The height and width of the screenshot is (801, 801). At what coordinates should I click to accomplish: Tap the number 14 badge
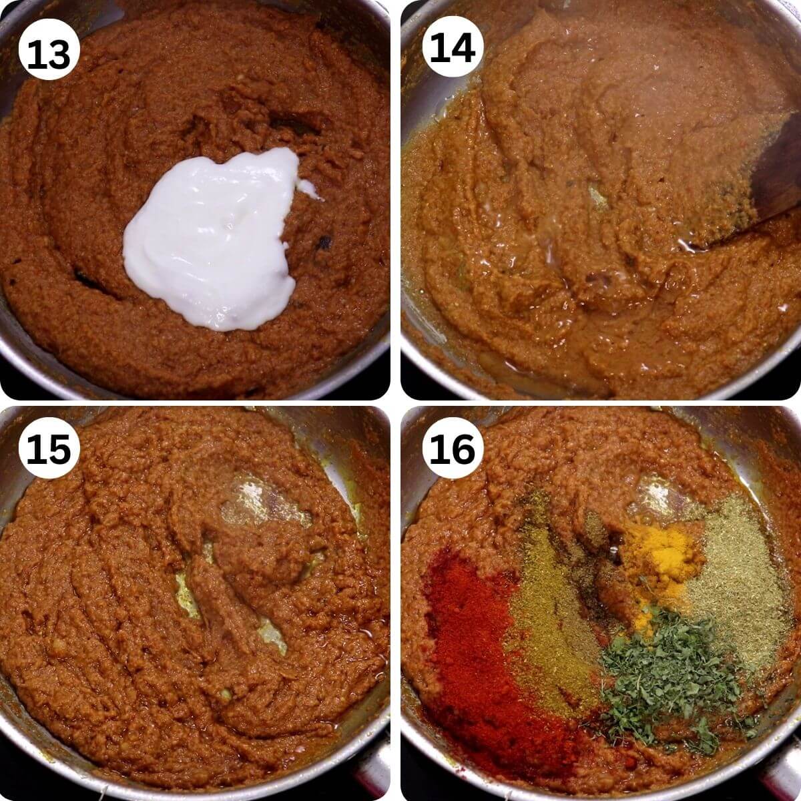[453, 48]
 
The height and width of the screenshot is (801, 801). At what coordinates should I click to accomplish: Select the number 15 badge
[49, 449]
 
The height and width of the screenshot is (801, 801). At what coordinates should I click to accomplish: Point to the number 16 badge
[453, 449]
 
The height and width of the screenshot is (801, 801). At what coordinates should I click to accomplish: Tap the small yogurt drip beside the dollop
[308, 190]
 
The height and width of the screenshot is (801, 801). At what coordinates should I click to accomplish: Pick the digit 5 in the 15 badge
[61, 449]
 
